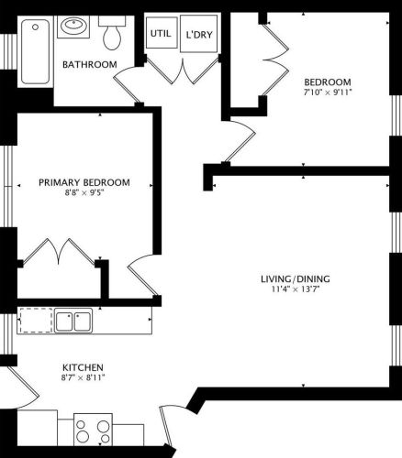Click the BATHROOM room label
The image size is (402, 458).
pos(90,64)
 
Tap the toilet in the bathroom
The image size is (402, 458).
pos(112,33)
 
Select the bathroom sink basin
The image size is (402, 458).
pos(73,26)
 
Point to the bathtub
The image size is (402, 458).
pos(36,51)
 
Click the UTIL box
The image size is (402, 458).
pos(162,33)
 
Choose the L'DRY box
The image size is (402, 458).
pos(199,34)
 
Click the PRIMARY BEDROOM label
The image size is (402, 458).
pos(84,182)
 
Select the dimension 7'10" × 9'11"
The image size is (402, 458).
pos(328,93)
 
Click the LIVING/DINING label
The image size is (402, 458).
pos(296,278)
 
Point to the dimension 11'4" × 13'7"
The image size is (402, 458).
pos(296,289)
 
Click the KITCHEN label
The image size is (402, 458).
pos(83,367)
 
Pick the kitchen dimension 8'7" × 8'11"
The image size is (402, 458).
pos(83,377)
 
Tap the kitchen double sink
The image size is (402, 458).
pos(73,321)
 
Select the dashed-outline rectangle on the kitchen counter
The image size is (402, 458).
pos(36,320)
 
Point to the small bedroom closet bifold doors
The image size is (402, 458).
pos(274,59)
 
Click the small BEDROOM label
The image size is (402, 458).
pos(328,82)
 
